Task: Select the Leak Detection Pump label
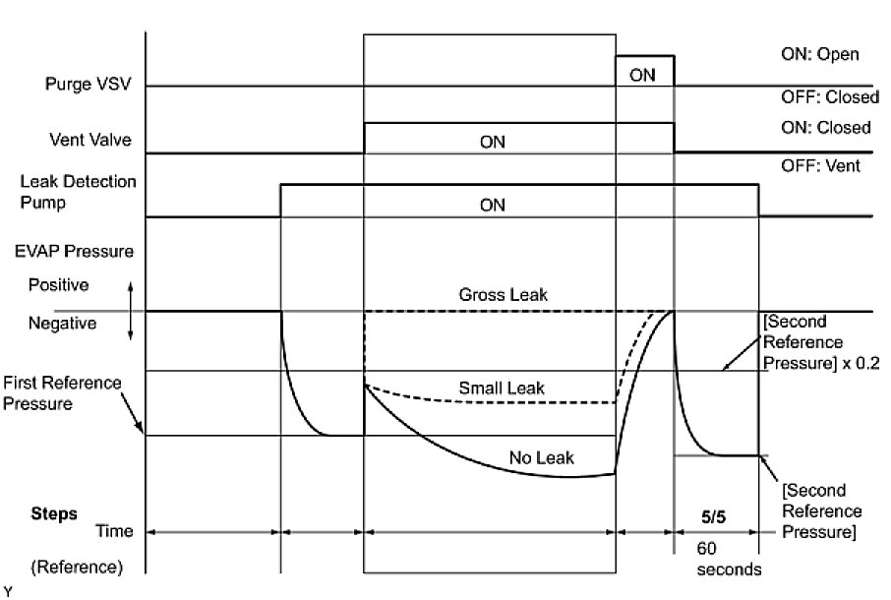[79, 192]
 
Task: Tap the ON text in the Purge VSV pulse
[642, 75]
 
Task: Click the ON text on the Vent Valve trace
[492, 142]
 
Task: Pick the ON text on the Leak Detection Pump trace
[492, 206]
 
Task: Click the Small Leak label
[502, 388]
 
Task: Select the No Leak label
[541, 457]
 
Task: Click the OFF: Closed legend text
[823, 96]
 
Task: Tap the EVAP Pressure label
[75, 251]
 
